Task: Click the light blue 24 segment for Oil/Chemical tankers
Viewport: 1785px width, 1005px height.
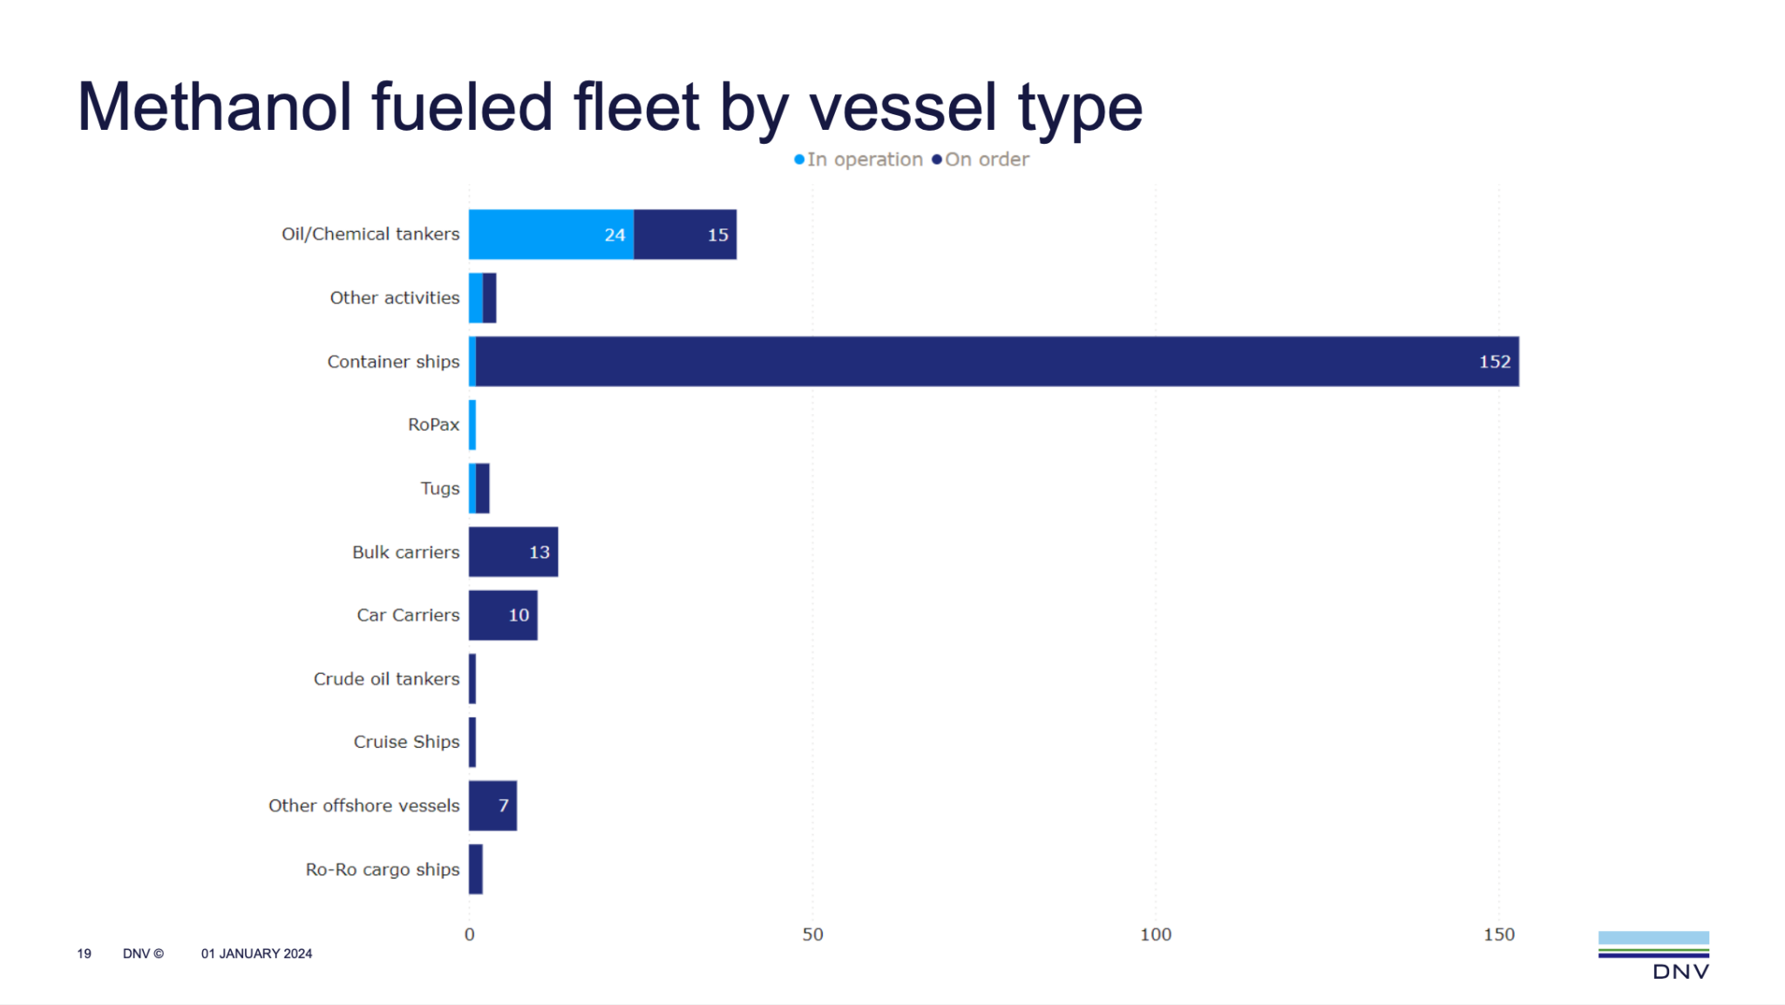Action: [551, 234]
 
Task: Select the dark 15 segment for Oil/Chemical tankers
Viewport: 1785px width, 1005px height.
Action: [685, 234]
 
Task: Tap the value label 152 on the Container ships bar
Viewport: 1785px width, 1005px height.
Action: [1494, 362]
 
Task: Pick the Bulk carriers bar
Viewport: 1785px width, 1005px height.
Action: [512, 552]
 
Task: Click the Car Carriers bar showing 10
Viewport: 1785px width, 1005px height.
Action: [503, 615]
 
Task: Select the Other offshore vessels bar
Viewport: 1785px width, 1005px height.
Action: [492, 805]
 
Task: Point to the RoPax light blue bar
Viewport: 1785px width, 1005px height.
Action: [472, 425]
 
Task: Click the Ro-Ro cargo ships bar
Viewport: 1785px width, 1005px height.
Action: [476, 869]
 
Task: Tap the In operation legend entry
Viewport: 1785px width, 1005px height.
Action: [859, 160]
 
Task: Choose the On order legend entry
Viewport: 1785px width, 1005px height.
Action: [981, 160]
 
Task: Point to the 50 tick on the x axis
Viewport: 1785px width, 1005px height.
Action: [812, 934]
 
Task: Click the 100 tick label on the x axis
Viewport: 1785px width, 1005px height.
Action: [1156, 934]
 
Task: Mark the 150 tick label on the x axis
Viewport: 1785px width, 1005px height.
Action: [1499, 934]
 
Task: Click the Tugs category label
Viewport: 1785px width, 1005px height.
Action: [439, 488]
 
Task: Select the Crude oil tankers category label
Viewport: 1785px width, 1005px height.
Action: [386, 679]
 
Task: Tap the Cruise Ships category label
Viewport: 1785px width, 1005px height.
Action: [406, 742]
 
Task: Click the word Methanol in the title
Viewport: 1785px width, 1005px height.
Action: [214, 107]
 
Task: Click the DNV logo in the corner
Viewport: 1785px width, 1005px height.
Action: [1653, 955]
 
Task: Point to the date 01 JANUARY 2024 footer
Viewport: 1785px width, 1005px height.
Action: [256, 954]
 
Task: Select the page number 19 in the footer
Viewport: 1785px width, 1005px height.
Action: [84, 954]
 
